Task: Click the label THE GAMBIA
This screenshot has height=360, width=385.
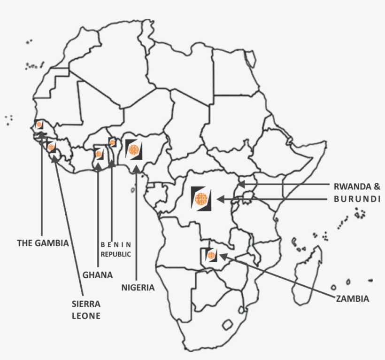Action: click(x=43, y=243)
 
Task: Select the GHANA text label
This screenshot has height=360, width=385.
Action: click(x=98, y=275)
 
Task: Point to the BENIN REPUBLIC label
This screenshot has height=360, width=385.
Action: click(x=115, y=249)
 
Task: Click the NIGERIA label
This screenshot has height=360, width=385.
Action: click(x=138, y=287)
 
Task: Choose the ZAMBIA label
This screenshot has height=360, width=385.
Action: click(x=352, y=298)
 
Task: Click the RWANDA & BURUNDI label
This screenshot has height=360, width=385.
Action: click(x=357, y=192)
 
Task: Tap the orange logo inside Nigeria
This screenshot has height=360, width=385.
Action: click(x=133, y=150)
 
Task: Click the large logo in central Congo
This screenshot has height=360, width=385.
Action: click(x=201, y=198)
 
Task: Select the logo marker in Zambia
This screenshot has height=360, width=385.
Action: click(x=210, y=255)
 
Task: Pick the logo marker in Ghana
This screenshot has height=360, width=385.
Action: click(x=99, y=154)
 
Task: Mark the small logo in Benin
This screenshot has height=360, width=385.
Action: click(x=112, y=142)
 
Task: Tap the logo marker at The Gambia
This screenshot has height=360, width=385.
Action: click(x=39, y=125)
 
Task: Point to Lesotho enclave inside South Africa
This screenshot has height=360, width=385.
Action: click(x=228, y=325)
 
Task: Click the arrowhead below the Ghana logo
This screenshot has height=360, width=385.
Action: click(x=98, y=165)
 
